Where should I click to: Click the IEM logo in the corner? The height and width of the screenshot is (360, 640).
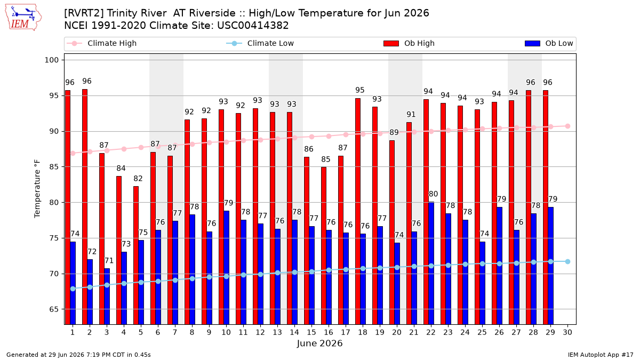(23, 18)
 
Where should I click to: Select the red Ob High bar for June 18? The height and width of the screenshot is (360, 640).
(358, 211)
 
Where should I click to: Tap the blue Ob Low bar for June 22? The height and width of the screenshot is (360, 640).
(431, 263)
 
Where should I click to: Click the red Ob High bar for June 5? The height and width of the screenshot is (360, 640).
(136, 255)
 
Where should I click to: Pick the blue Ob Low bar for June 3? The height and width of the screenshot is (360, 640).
(107, 297)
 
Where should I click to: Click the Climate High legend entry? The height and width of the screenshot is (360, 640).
(102, 43)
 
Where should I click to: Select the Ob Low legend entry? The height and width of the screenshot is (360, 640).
(549, 43)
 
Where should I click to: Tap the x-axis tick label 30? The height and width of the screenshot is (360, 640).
(567, 332)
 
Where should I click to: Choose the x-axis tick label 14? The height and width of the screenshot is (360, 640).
(294, 332)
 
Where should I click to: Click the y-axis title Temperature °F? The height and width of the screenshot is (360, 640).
(37, 189)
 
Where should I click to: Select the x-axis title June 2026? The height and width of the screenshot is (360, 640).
(319, 343)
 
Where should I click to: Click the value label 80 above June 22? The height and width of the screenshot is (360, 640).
(433, 194)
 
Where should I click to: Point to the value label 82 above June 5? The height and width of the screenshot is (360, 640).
(138, 179)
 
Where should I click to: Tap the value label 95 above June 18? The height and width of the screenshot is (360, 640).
(359, 90)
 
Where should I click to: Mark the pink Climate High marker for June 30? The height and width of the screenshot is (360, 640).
(567, 126)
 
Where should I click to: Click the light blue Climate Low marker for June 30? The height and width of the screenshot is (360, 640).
(567, 261)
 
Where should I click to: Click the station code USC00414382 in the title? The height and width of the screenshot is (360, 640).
(253, 26)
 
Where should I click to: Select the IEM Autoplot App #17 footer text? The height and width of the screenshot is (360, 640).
(601, 355)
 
